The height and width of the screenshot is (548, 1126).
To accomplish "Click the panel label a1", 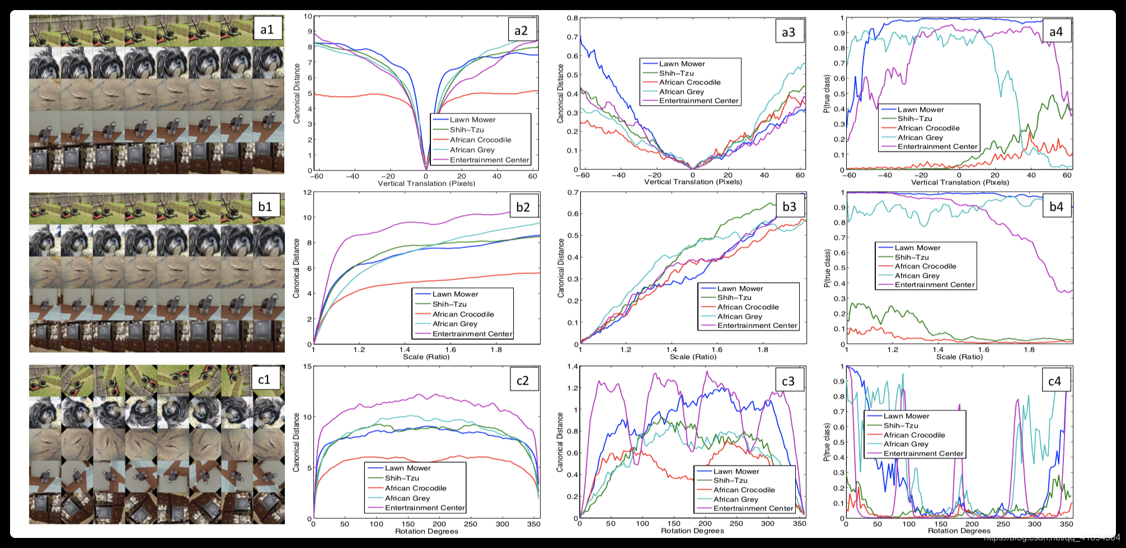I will (267, 29).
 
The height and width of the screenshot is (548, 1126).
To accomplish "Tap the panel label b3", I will (789, 207).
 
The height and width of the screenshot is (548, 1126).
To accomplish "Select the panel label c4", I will (1054, 381).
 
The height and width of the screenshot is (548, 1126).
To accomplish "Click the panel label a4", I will (1056, 32).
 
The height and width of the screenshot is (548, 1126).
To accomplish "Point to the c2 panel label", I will (522, 381).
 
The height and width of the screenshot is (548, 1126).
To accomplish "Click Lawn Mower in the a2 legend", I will (472, 120).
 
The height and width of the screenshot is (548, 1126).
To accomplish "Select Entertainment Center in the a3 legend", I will (698, 101).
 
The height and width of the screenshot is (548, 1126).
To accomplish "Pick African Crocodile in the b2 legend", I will (463, 314).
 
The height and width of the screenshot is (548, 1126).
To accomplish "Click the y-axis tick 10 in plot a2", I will (308, 16).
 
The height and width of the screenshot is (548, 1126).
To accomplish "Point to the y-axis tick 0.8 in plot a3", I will (572, 18).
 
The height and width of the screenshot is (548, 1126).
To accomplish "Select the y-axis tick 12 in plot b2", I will (307, 192).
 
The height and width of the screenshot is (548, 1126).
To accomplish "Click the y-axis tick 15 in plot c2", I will (307, 366).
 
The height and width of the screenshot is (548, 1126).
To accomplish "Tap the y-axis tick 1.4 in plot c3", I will (572, 366).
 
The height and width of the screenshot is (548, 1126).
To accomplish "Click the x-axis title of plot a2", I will (426, 183).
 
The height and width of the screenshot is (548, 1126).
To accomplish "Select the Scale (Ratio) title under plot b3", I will (693, 357).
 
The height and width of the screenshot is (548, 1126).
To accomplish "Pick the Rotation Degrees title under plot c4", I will (959, 531).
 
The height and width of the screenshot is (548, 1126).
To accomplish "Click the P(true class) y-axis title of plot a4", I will (827, 94).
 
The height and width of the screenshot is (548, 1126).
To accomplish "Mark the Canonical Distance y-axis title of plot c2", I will (297, 442).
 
